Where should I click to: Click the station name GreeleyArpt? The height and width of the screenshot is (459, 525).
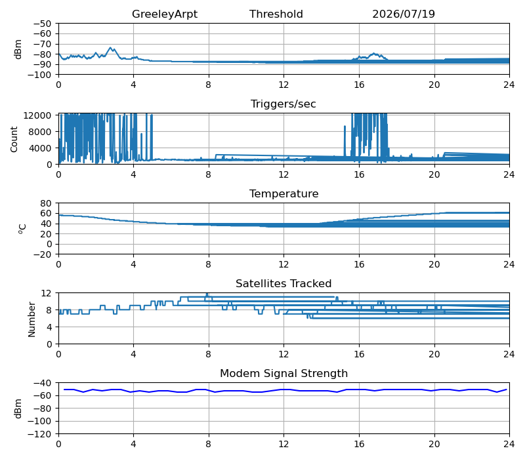[x=165, y=14]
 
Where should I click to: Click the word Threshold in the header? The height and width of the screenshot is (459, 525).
[x=276, y=14]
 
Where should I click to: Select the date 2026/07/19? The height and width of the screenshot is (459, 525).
[x=404, y=14]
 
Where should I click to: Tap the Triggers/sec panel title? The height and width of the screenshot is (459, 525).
[x=283, y=104]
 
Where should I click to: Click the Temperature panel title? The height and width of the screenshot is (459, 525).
[x=284, y=193]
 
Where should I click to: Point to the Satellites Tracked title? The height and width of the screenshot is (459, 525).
[x=283, y=284]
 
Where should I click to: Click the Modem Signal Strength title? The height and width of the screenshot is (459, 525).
[x=284, y=373]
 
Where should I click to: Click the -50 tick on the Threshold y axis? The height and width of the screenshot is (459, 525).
[x=42, y=24]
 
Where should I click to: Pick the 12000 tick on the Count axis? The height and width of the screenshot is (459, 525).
[x=37, y=116]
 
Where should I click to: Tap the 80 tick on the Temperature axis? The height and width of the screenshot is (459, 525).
[x=46, y=203]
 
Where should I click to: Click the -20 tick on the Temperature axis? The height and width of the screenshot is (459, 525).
[x=42, y=254]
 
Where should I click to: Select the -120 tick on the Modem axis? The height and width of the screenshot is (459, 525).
[x=40, y=434]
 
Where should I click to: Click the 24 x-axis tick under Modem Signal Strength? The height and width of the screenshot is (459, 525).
[x=509, y=444]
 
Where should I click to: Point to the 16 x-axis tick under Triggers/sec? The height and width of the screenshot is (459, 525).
[x=359, y=174]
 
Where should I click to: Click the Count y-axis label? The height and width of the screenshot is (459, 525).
[x=14, y=140]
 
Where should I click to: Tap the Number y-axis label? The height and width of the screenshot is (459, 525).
[x=31, y=319]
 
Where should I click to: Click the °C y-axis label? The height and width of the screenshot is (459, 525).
[x=22, y=229]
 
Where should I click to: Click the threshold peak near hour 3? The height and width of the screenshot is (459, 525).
[x=110, y=47]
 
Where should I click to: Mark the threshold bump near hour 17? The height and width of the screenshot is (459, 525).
[x=373, y=53]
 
